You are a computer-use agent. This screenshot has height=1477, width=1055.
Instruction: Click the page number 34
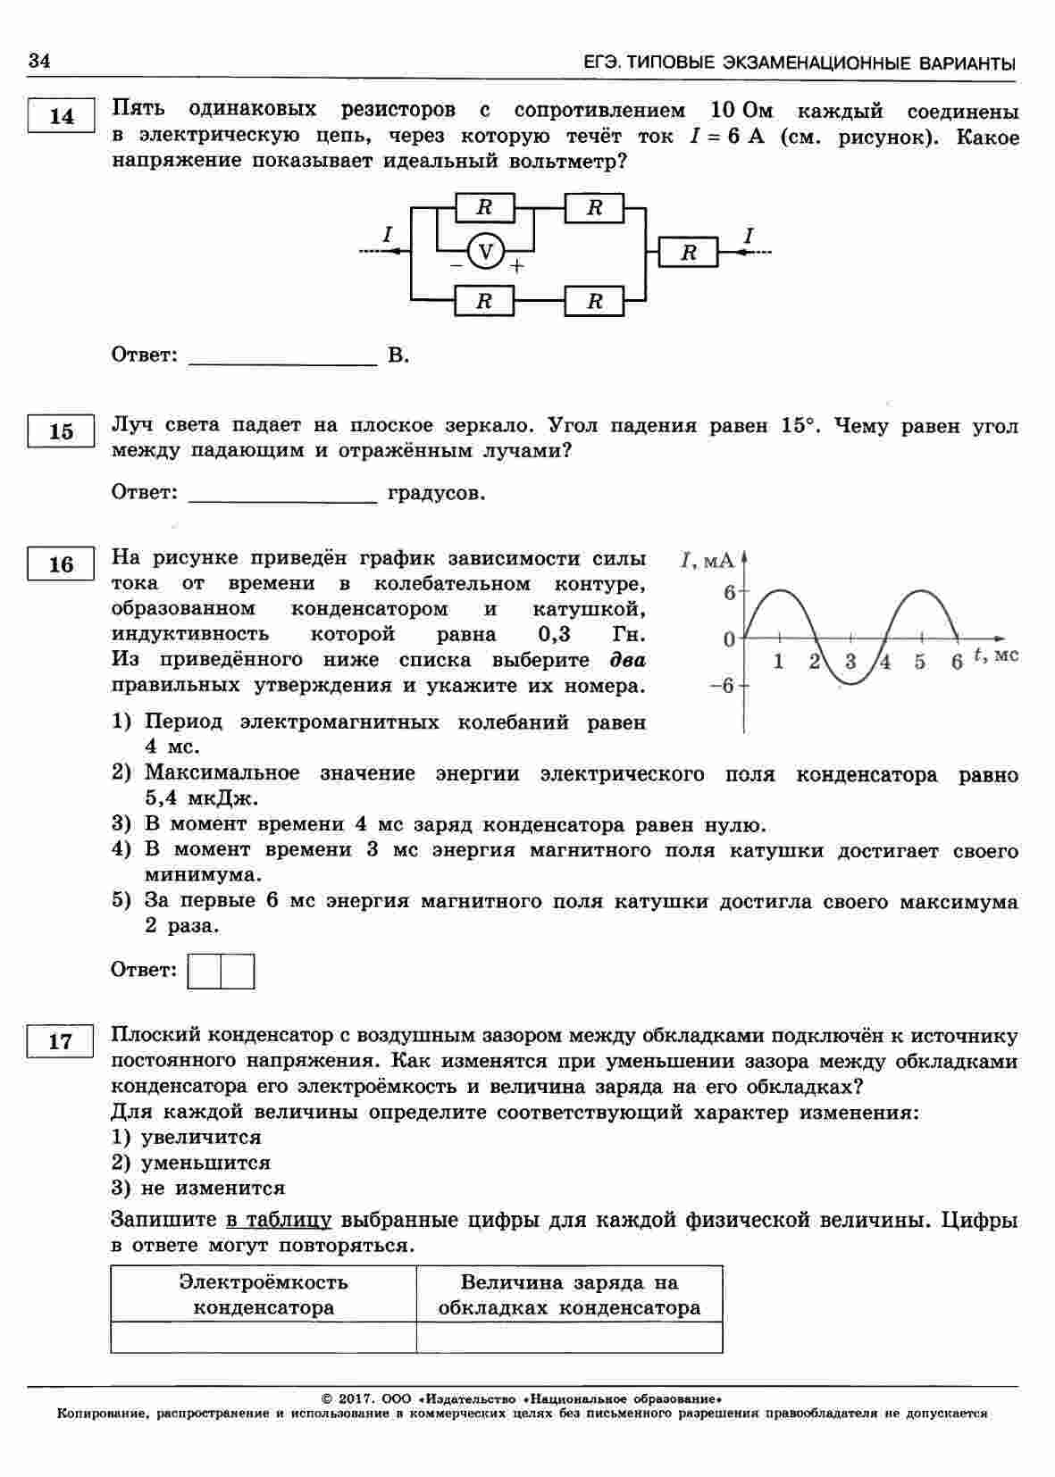[39, 61]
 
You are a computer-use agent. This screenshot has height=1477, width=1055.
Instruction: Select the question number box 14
[61, 117]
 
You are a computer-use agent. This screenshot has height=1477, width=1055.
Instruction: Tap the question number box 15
[61, 432]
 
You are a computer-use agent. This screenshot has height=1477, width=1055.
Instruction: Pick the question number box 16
[61, 564]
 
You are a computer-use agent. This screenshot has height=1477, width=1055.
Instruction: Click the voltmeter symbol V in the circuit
[486, 253]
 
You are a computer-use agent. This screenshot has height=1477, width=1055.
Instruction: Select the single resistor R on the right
[688, 253]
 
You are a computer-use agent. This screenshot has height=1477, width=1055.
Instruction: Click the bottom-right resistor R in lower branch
[595, 301]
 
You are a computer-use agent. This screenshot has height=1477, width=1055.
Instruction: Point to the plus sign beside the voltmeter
[516, 267]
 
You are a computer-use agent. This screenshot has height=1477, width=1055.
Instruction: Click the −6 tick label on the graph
[722, 686]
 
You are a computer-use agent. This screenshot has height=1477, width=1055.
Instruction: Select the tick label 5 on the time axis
[919, 663]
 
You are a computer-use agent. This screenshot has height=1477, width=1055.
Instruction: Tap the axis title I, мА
[708, 561]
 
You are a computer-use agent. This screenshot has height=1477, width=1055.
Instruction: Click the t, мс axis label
[994, 655]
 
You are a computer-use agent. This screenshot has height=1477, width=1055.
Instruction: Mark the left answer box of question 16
[205, 972]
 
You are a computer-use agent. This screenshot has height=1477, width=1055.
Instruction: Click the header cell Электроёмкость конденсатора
[264, 1295]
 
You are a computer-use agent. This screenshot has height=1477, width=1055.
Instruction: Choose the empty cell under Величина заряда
[569, 1337]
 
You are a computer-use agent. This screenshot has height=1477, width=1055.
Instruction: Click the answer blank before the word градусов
[284, 494]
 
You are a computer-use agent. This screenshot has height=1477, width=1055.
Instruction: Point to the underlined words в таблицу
[278, 1220]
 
